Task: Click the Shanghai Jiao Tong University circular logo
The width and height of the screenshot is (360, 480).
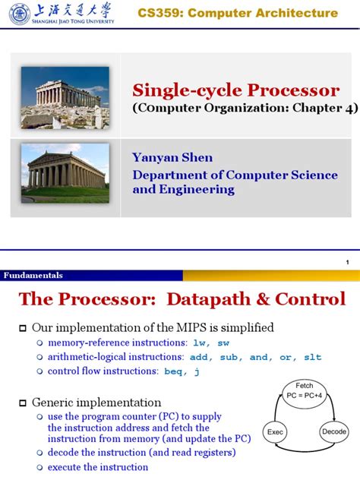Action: click(x=18, y=13)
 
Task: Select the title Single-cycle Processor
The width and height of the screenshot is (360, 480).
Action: click(x=236, y=90)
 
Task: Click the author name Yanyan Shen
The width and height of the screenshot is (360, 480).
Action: click(x=172, y=158)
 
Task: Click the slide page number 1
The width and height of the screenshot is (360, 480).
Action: click(x=346, y=262)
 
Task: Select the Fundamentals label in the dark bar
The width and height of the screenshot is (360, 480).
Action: click(x=33, y=275)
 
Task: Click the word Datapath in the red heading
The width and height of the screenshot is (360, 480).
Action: click(x=221, y=299)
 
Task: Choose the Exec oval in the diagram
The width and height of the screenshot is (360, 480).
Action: click(x=275, y=432)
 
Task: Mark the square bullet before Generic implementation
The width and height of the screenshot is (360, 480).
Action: click(x=22, y=403)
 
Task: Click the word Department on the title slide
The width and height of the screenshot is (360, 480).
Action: click(x=166, y=175)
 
